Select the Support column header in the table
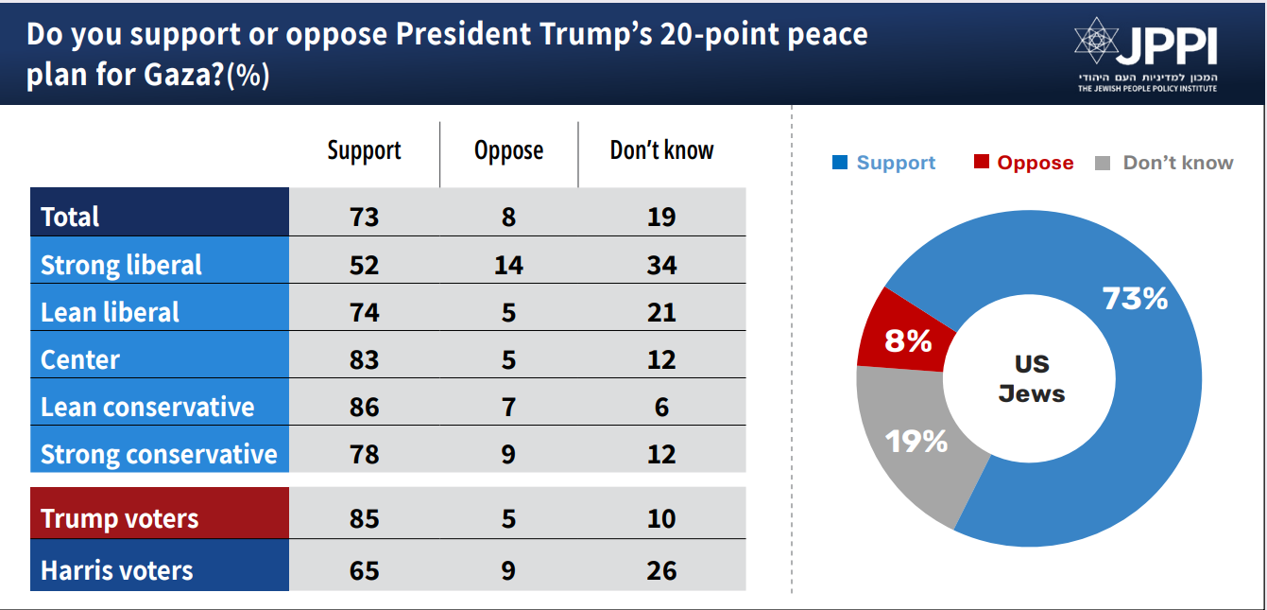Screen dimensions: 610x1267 [364, 150]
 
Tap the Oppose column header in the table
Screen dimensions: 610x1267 [508, 150]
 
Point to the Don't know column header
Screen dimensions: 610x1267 [661, 150]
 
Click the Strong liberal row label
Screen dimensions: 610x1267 [121, 265]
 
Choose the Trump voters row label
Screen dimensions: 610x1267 [120, 518]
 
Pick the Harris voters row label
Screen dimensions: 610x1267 [117, 570]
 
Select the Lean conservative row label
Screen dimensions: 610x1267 [147, 407]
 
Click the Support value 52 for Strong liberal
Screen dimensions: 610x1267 [364, 265]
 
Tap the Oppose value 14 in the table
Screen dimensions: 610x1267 [508, 265]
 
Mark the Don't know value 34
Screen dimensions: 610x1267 [661, 265]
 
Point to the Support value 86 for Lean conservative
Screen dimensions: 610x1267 [364, 407]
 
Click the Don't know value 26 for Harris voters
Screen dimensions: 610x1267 [661, 570]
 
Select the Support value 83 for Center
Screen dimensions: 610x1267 [364, 359]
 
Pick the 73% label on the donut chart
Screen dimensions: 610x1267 [1135, 299]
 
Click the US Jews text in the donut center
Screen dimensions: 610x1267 [1032, 379]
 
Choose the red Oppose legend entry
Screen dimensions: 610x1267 [1024, 163]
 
